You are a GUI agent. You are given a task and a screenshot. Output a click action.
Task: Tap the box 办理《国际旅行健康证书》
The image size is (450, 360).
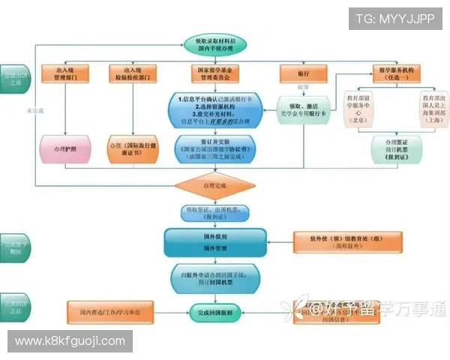[x=133, y=147]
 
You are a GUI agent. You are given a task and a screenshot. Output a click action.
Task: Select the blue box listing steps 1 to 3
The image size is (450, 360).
[x=215, y=109]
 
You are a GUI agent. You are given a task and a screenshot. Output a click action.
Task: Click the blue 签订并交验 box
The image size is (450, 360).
[x=215, y=148]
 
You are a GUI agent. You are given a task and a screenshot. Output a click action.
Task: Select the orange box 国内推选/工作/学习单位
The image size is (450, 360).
[x=110, y=310]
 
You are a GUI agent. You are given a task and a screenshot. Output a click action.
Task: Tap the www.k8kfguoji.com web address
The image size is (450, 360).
[x=70, y=341]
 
